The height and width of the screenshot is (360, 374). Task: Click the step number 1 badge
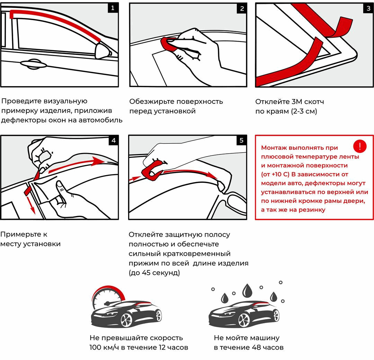point(113,8)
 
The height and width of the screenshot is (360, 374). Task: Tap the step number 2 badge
point(242,9)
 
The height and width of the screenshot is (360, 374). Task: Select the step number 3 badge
point(368,9)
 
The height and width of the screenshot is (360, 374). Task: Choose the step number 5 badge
point(241,140)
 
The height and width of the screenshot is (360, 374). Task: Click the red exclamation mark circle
point(360,146)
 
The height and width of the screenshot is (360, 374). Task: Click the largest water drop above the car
point(247,290)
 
